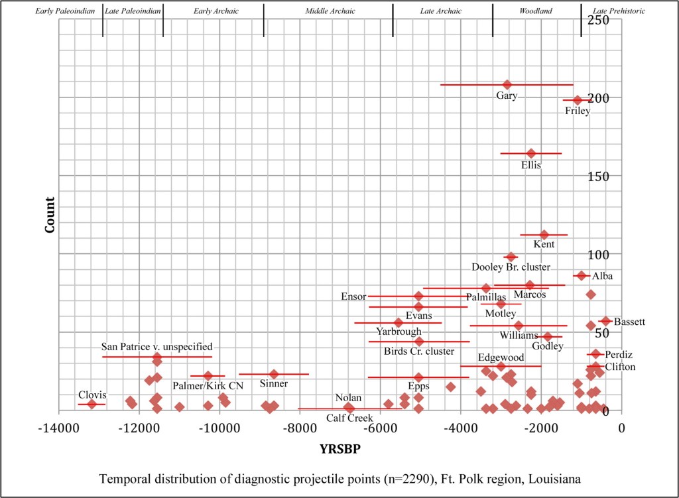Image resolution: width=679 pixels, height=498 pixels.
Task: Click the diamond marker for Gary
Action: click(x=507, y=85)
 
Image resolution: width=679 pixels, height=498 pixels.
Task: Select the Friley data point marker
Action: click(x=577, y=100)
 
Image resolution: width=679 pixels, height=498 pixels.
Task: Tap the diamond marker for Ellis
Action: click(x=530, y=153)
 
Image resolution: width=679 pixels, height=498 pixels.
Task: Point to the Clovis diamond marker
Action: click(x=92, y=404)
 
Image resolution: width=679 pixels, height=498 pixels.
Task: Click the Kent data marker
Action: click(x=544, y=235)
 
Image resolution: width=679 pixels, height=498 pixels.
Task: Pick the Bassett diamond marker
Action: click(x=605, y=321)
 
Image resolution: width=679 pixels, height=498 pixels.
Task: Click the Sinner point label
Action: click(x=274, y=384)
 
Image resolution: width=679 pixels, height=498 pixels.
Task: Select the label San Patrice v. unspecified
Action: click(x=156, y=346)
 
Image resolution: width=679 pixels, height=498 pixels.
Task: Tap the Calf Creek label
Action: click(x=349, y=418)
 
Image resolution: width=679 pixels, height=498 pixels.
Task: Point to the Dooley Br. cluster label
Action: click(x=511, y=267)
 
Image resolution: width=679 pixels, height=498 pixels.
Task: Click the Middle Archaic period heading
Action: click(x=330, y=11)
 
